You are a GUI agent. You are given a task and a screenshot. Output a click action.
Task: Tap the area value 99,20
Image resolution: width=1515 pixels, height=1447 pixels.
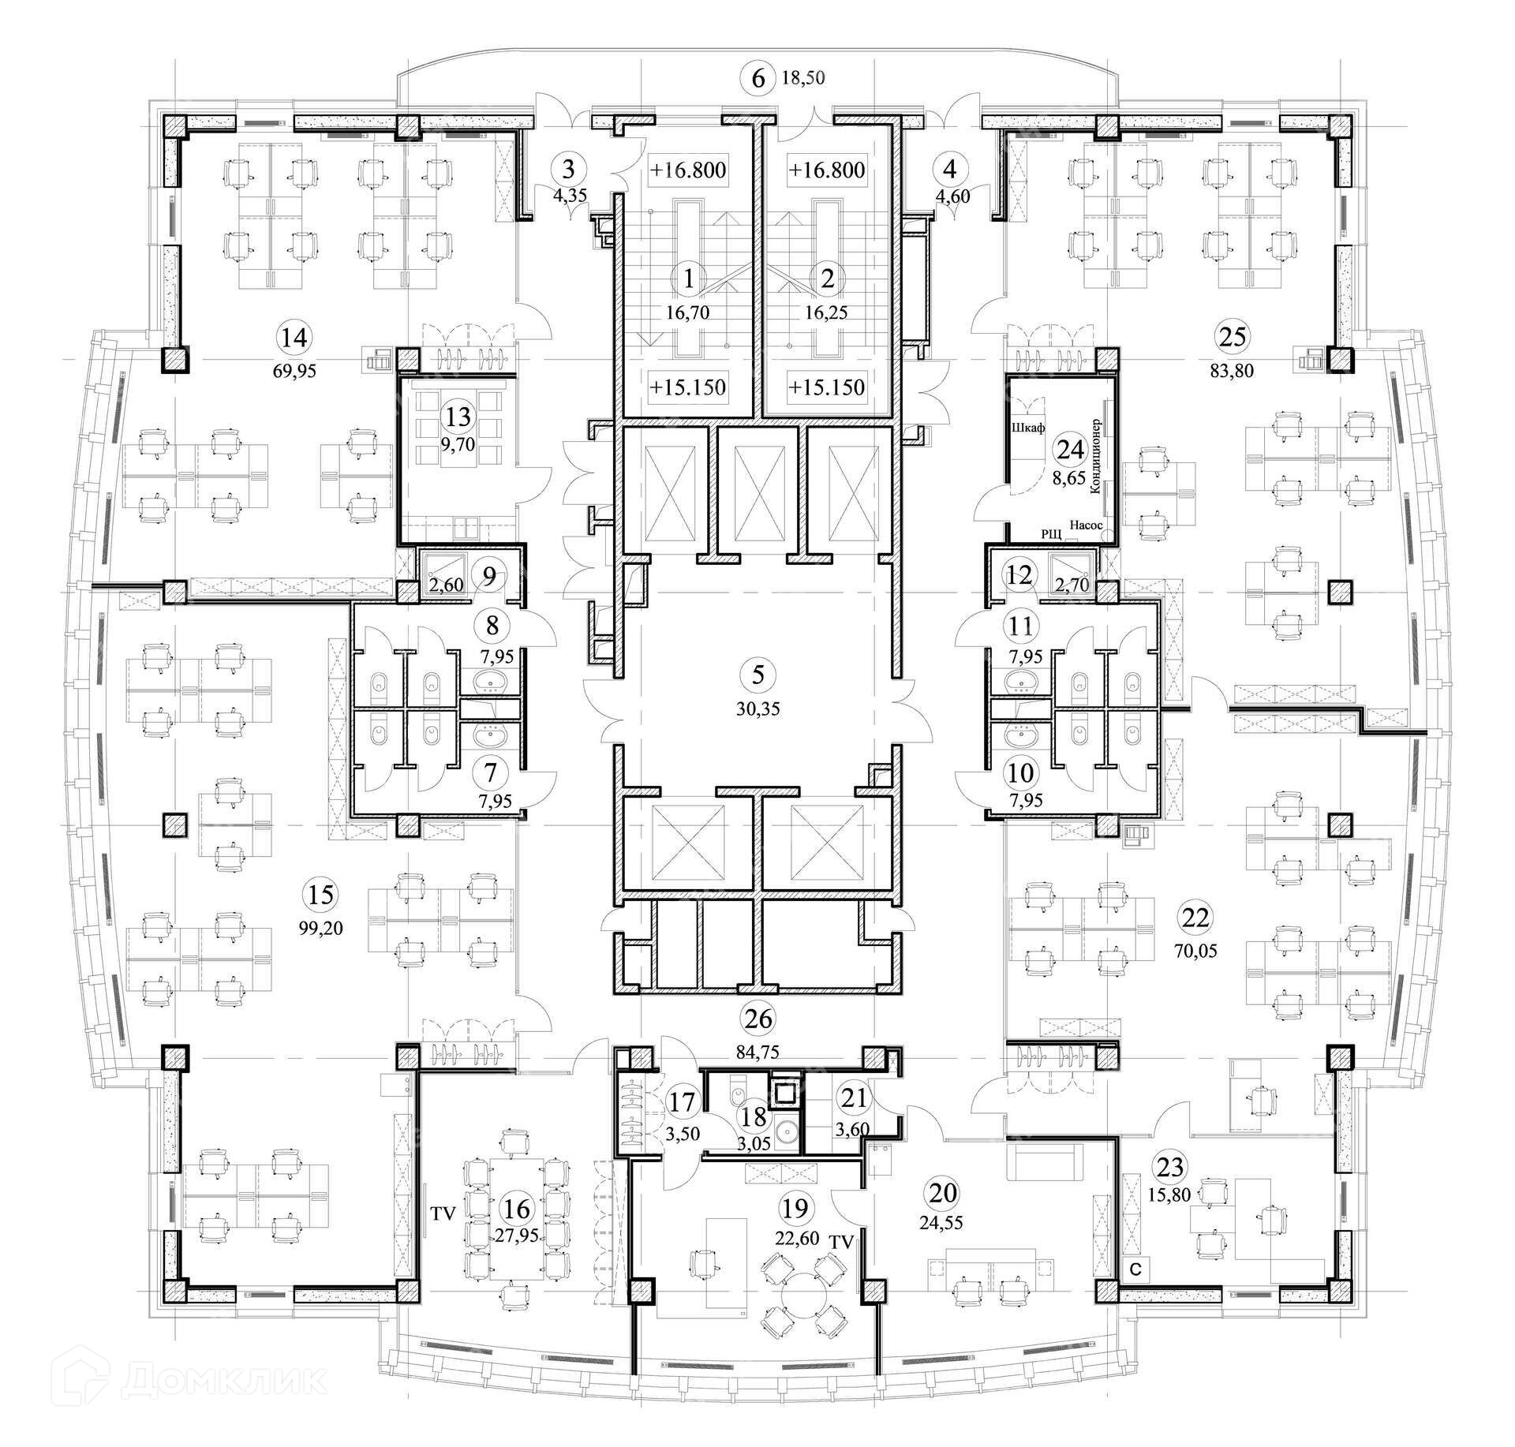click(321, 928)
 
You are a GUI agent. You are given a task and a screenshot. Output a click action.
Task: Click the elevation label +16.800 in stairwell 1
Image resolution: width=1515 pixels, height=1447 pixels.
click(687, 170)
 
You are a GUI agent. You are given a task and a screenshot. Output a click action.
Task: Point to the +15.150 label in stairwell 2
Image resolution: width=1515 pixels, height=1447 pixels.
click(826, 387)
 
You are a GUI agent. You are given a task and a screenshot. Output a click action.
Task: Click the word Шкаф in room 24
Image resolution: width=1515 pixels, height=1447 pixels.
click(1027, 428)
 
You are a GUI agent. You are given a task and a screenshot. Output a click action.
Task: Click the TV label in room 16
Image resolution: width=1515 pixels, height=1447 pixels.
click(443, 1213)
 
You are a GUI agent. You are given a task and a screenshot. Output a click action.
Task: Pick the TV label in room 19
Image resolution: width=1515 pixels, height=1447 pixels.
click(842, 1241)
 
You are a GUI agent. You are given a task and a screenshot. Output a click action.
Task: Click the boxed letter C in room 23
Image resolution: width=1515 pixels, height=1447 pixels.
click(1135, 1270)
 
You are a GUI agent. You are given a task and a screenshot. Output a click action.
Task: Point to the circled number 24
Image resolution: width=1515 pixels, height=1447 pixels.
click(1070, 450)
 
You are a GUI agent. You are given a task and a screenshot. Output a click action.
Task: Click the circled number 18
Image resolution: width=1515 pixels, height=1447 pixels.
click(755, 1116)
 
